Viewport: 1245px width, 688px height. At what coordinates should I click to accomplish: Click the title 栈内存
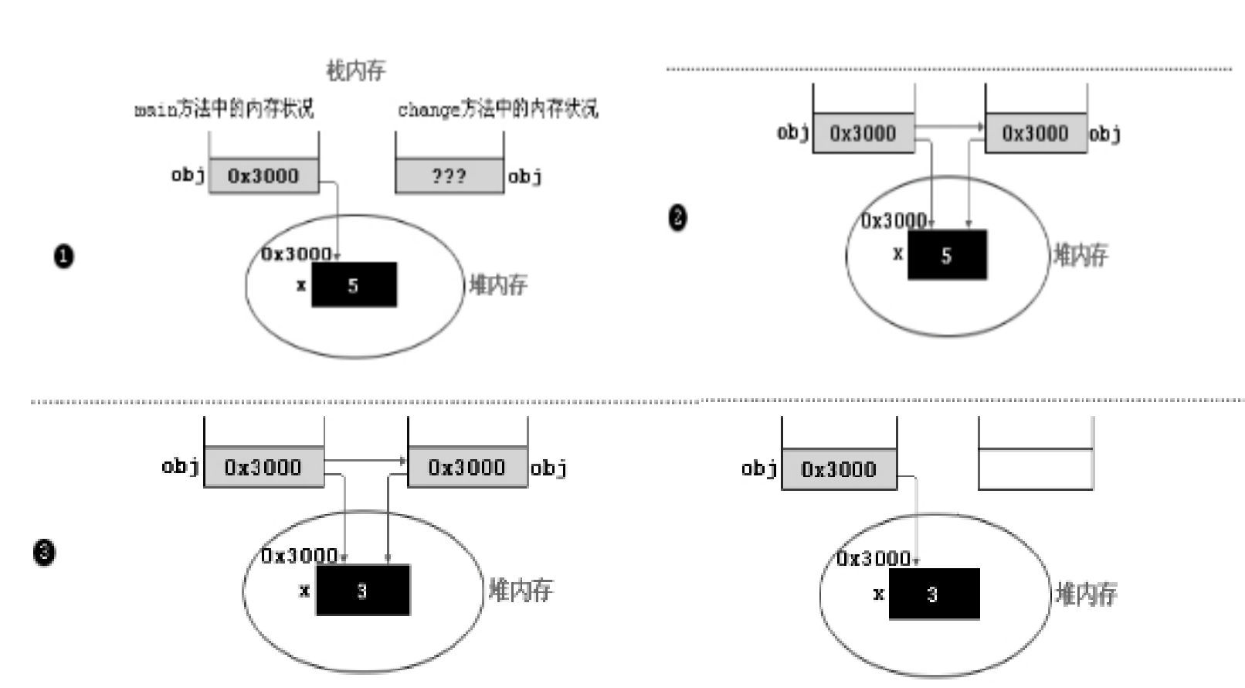355,71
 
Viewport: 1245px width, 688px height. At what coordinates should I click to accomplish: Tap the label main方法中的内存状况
224,108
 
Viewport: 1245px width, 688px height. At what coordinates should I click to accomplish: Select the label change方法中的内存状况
497,108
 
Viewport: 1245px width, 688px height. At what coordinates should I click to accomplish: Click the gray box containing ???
449,176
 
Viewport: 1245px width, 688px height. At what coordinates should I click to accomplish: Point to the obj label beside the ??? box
525,177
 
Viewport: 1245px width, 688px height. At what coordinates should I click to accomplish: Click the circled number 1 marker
64,256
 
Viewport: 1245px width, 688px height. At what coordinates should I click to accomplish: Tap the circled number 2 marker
677,217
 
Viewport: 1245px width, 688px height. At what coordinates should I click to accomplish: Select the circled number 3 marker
44,552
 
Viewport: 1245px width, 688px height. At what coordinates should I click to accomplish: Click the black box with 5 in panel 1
354,285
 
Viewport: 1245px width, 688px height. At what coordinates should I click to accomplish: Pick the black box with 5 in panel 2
947,255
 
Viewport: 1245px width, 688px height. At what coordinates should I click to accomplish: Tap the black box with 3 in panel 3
362,591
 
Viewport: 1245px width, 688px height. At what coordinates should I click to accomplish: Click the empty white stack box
1035,468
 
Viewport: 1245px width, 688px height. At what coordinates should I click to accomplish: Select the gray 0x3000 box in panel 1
263,176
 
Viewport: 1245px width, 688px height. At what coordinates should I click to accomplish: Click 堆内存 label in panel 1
498,285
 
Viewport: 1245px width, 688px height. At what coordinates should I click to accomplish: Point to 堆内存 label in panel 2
1081,254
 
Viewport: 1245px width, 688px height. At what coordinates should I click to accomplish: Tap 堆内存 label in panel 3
521,591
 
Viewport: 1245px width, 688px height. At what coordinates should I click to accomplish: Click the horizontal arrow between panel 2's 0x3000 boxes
949,126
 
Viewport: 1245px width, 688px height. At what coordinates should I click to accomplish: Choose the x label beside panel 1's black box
301,285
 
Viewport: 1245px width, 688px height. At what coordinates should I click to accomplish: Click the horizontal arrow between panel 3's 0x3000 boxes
365,461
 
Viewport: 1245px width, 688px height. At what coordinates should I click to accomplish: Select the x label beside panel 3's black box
304,591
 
